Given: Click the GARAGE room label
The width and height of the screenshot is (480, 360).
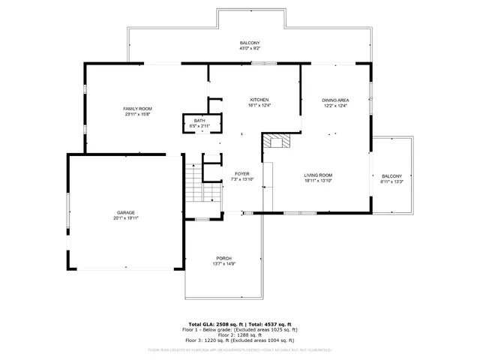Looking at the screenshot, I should tap(125, 212).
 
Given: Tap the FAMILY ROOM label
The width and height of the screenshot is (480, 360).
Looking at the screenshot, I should tap(137, 109).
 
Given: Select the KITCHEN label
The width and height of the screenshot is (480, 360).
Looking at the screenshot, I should tap(259, 100).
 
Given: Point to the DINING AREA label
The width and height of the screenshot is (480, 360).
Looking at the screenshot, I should tap(335, 100).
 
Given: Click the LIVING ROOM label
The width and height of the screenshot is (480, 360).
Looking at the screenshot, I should tap(318, 175).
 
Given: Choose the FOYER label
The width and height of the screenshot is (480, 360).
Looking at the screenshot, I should tap(241, 173).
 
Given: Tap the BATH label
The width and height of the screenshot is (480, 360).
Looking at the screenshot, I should tap(199, 121).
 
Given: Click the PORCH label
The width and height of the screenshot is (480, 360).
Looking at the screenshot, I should tap(223, 258).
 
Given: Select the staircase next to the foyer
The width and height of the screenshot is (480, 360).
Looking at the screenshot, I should tap(193, 183).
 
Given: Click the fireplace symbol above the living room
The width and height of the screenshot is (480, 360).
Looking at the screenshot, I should tap(279, 142).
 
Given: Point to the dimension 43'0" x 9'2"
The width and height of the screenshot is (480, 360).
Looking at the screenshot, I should tap(250, 49).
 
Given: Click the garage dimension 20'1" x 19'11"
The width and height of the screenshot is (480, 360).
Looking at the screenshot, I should tap(125, 218).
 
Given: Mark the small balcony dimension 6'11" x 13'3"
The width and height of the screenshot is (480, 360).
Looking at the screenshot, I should tap(391, 181).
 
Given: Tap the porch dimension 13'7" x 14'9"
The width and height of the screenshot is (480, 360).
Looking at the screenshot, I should tap(223, 264).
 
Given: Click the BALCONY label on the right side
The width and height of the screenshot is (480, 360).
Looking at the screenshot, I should tap(391, 175).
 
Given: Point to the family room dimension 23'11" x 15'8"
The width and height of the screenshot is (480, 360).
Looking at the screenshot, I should tap(137, 115).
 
